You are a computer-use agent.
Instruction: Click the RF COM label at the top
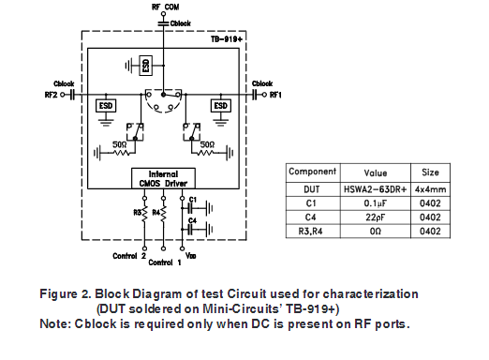coord(165,7)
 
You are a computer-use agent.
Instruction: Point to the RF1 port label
coord(272,96)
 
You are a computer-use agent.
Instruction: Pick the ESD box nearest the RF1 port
coord(221,106)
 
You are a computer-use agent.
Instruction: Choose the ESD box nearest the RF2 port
coord(106,106)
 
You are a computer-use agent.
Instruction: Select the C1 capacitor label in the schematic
coord(192,200)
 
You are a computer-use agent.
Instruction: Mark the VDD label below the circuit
coord(191,256)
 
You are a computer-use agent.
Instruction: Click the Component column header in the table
coord(312,172)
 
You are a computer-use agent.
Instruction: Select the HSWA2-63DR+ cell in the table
coord(377,187)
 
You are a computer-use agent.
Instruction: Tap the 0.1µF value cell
coord(377,202)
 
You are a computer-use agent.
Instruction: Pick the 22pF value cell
coord(377,217)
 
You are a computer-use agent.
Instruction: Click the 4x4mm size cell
coord(431,187)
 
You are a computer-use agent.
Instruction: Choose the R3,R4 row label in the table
coord(312,231)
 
